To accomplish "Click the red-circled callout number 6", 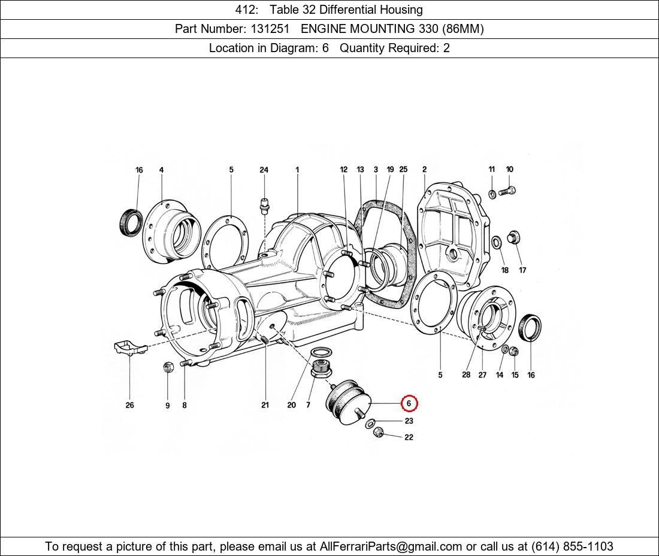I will click(x=409, y=404).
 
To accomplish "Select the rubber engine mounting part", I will click(x=347, y=401).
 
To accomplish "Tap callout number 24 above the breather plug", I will click(x=264, y=170).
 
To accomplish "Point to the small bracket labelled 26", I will click(x=129, y=347).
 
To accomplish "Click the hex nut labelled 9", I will click(x=168, y=367).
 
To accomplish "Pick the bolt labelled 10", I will click(x=507, y=191).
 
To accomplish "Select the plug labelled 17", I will click(x=513, y=237).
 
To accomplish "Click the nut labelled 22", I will click(x=377, y=432).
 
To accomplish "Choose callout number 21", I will click(x=265, y=405).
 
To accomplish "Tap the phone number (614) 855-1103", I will click(x=572, y=546).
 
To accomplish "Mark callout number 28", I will click(x=466, y=375).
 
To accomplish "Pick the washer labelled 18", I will click(x=497, y=243).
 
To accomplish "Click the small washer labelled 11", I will click(x=491, y=193).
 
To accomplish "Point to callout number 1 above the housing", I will click(x=297, y=170).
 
